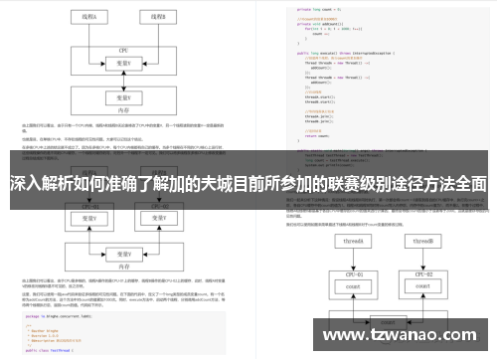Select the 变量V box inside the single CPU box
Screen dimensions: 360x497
(x=123, y=62)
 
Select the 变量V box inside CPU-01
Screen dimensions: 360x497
(x=89, y=218)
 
